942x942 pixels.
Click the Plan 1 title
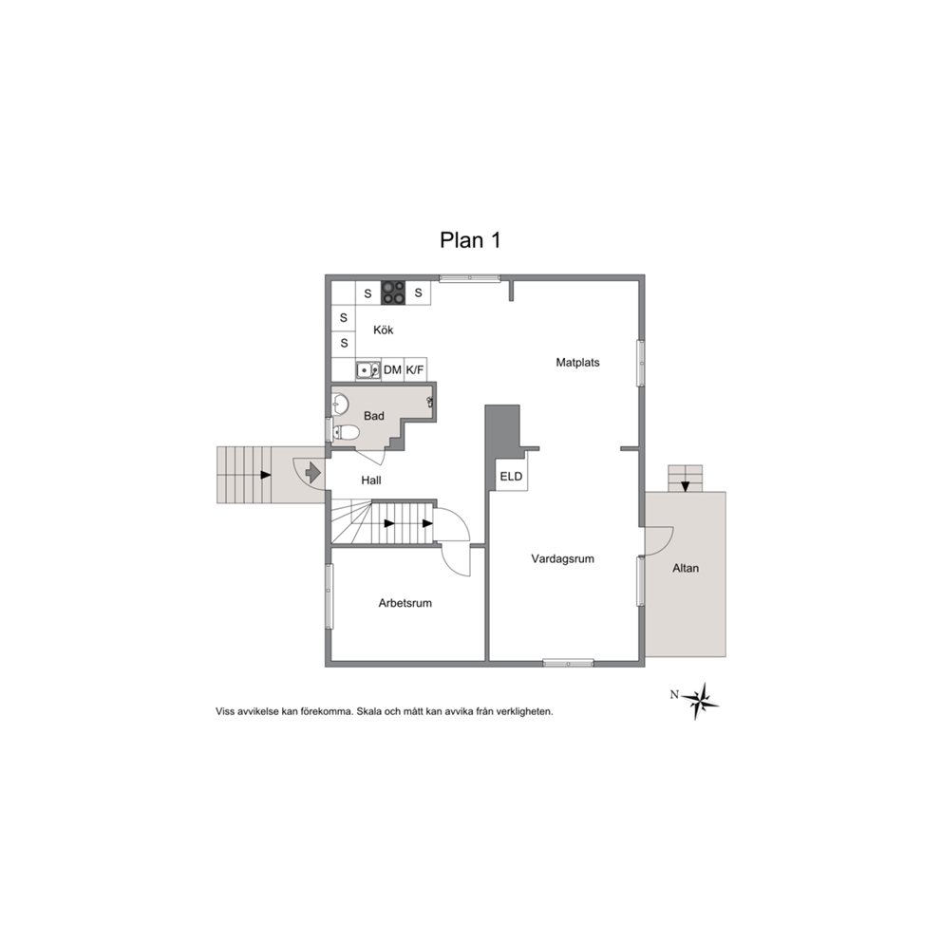pyautogui.click(x=470, y=240)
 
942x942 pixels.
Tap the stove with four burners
pyautogui.click(x=393, y=292)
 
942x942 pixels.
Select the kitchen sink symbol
pyautogui.click(x=367, y=370)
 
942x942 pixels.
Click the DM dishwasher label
pyautogui.click(x=392, y=370)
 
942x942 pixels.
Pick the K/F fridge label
pyautogui.click(x=415, y=370)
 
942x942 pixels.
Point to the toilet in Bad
pyautogui.click(x=346, y=432)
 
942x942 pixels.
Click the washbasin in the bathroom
pyautogui.click(x=340, y=405)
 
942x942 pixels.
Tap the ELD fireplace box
pyautogui.click(x=511, y=476)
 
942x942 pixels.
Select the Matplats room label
pyautogui.click(x=578, y=362)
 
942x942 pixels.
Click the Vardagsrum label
pyautogui.click(x=563, y=558)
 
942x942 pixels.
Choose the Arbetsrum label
pyautogui.click(x=405, y=603)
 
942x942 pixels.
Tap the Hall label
pyautogui.click(x=371, y=480)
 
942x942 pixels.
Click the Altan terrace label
pyautogui.click(x=686, y=568)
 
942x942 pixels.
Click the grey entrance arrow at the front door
pyautogui.click(x=313, y=473)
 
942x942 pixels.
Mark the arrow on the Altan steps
pyautogui.click(x=686, y=486)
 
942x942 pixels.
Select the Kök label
pyautogui.click(x=384, y=330)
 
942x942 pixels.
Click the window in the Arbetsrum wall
pyautogui.click(x=330, y=596)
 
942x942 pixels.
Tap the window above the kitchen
pyautogui.click(x=470, y=278)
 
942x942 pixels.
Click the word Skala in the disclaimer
pyautogui.click(x=368, y=712)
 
